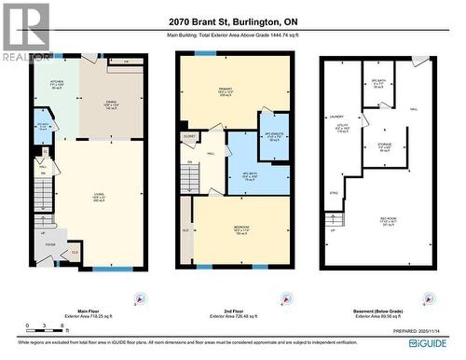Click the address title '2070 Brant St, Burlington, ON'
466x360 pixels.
click(232, 21)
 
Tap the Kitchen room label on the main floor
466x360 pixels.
click(56, 85)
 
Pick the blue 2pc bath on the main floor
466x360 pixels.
click(43, 129)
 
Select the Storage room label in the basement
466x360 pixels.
click(383, 146)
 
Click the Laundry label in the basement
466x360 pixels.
click(336, 117)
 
